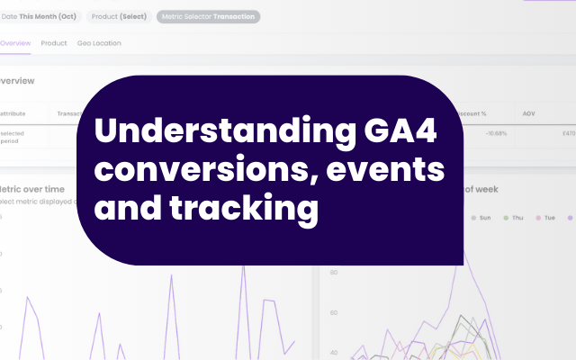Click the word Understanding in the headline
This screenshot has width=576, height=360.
pos(206,132)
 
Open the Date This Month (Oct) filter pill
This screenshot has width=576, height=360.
pos(40,16)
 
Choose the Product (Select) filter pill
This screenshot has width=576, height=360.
pos(119,16)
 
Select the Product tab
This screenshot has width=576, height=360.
pos(54,43)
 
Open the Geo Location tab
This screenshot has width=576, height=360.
pos(98,43)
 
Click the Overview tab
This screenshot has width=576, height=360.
pos(14,43)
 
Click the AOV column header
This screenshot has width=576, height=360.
pos(529,114)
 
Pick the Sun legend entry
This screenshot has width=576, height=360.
pos(481,217)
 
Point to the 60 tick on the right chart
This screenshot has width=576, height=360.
pos(332,312)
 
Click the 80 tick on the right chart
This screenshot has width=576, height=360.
pos(332,272)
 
